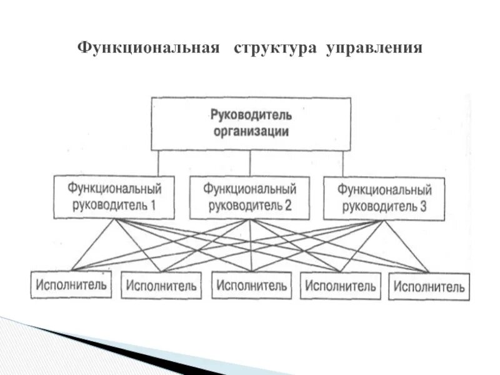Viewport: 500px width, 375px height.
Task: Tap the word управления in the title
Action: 374,48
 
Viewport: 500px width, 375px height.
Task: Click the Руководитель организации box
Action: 251,123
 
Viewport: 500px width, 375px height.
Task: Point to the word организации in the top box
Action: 251,132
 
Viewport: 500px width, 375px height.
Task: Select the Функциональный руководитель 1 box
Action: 114,196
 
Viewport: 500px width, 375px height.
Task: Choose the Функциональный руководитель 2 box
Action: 249,197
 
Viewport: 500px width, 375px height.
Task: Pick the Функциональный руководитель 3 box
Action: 384,198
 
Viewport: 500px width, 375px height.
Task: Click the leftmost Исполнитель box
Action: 71,285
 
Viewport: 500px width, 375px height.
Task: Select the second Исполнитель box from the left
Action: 161,286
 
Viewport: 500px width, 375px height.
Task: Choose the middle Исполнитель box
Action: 251,286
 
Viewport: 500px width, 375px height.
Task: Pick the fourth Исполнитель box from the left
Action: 340,287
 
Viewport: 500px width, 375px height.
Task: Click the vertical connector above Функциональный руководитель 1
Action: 159,163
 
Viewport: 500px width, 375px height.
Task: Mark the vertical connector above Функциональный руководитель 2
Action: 250,164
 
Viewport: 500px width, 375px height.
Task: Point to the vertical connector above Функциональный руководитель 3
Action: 342,164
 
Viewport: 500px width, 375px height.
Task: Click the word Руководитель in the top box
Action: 251,116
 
